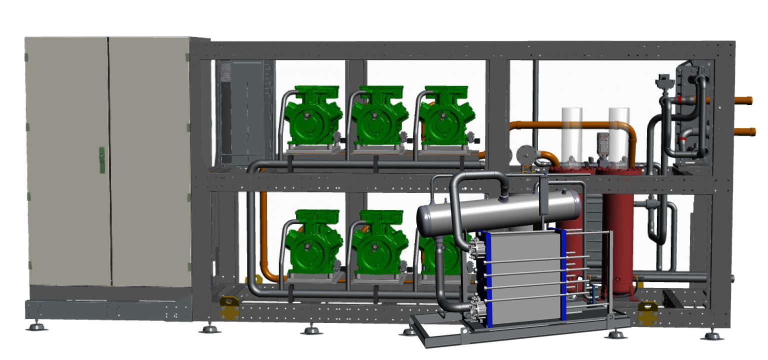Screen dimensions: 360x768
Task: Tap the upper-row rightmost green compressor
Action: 443,118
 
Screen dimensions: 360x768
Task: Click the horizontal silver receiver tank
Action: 500,210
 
